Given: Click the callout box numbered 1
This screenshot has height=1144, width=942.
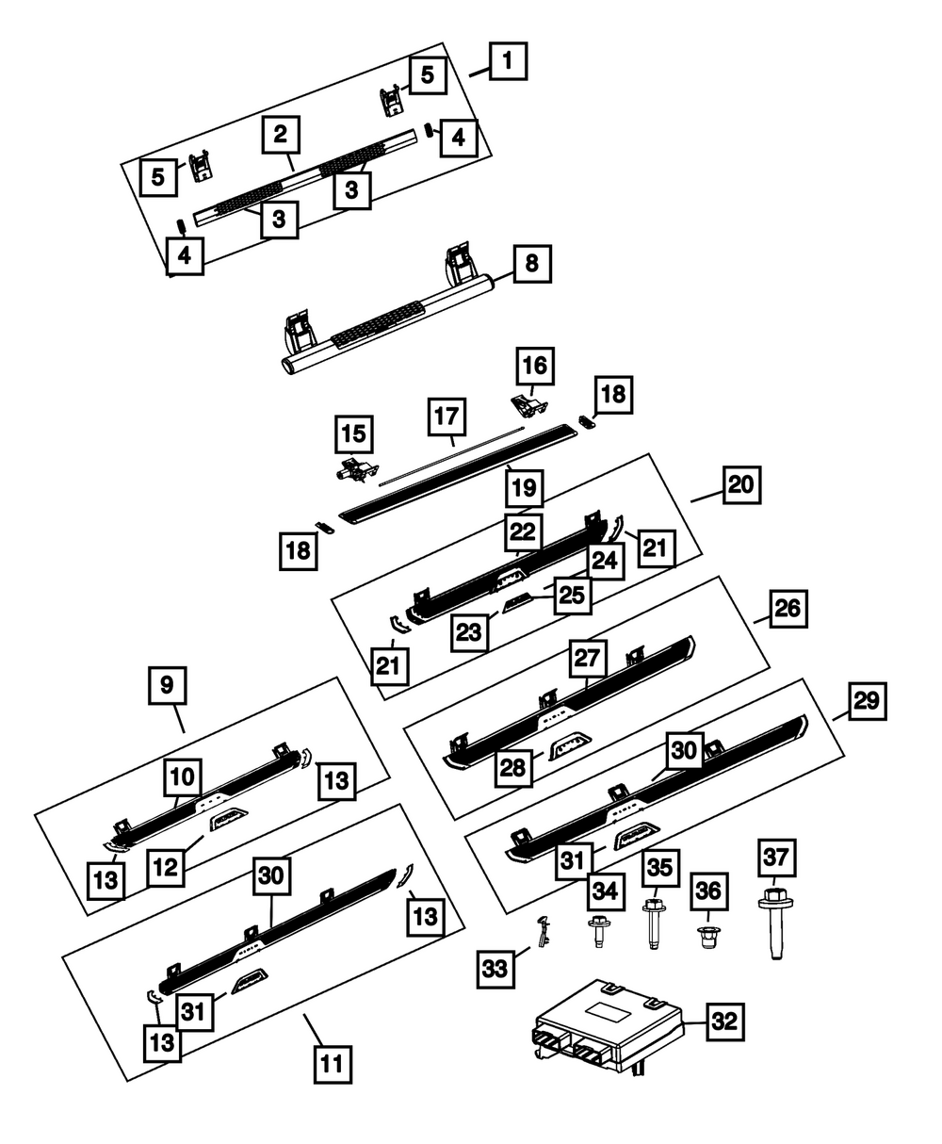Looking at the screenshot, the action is [508, 61].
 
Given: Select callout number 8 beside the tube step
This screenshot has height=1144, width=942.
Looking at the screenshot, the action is [532, 264].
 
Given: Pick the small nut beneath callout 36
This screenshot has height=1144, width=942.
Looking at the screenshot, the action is [709, 938].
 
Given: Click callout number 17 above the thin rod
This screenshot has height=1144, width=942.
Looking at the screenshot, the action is [447, 417].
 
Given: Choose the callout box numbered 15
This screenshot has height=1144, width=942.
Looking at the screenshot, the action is [354, 433].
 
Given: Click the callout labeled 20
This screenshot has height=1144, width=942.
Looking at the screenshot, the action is [741, 484].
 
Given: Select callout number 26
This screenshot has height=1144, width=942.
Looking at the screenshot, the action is [788, 609].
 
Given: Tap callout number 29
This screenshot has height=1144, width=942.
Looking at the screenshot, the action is [867, 701].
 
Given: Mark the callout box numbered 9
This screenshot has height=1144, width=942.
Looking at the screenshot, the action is [167, 685].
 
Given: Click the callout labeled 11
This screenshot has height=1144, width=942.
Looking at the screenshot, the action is [333, 1065].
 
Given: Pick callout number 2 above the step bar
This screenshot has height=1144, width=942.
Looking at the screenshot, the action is [281, 134].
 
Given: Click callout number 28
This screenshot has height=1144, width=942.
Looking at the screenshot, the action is [513, 768].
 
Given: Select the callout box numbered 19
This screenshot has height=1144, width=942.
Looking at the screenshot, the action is [524, 487].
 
